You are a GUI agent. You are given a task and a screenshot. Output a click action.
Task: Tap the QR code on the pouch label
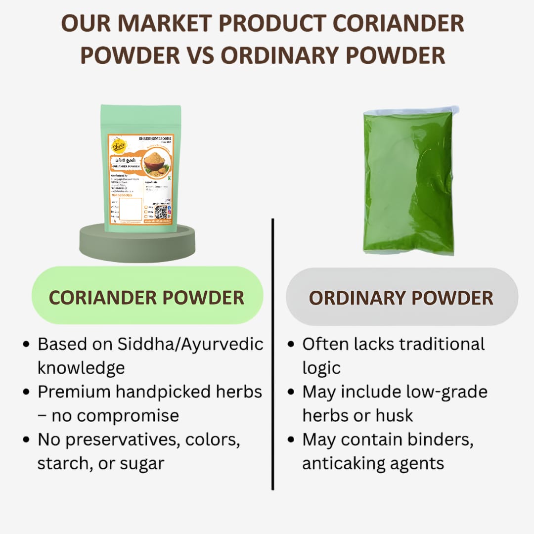coord(160,212)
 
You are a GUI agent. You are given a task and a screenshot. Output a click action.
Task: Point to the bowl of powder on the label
coord(156,163)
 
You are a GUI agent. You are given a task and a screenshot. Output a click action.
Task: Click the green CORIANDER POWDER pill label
coord(147,297)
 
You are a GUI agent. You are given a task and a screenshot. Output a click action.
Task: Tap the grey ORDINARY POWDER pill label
coord(401,298)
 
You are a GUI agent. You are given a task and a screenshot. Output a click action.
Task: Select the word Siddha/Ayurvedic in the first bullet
coord(190,344)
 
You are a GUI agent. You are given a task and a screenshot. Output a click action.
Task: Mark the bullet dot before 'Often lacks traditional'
coord(291,344)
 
